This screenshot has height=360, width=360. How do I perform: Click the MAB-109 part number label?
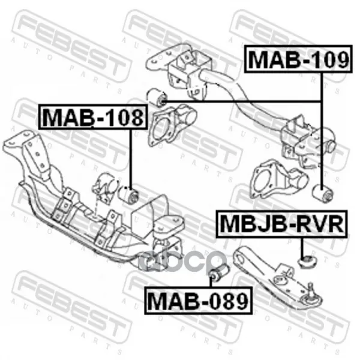[298, 59]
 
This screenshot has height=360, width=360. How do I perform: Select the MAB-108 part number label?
[93, 117]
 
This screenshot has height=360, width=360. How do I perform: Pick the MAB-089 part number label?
[198, 301]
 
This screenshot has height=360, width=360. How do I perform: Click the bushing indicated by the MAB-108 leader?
[128, 196]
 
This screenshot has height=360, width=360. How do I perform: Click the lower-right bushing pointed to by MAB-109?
[323, 194]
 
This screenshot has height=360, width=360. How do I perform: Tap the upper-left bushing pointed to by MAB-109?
[156, 97]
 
